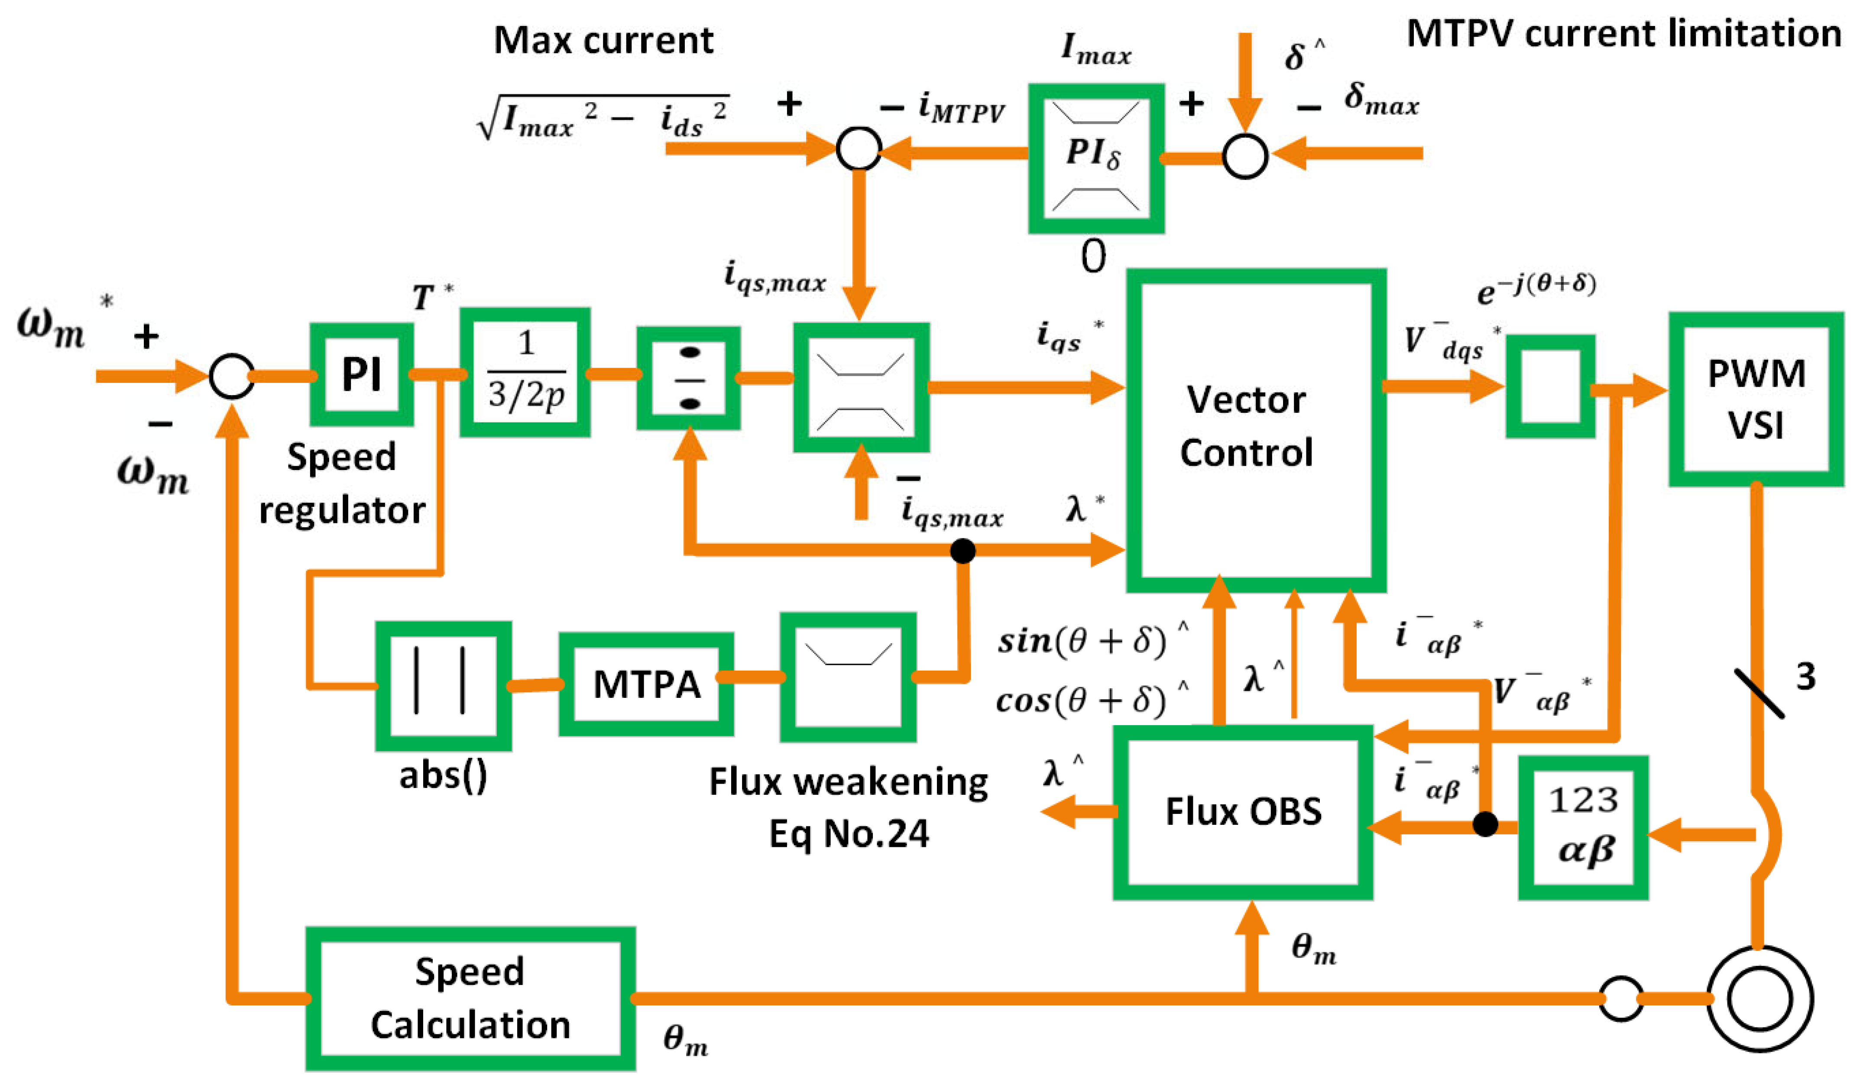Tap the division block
689,378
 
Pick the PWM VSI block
1756,399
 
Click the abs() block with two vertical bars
443,686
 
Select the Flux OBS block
1243,812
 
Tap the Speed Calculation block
470,998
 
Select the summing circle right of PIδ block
1245,156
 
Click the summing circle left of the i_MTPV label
859,149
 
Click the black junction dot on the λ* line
962,550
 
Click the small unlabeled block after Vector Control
1550,386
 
